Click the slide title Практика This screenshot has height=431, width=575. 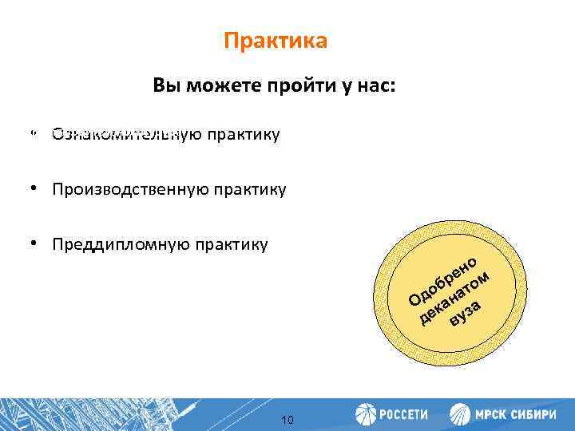[276, 41]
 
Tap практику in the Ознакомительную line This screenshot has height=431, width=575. [244, 134]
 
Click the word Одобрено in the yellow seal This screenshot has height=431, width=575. [442, 279]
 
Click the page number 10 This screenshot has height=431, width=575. [287, 420]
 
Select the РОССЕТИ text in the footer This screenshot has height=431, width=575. [402, 415]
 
